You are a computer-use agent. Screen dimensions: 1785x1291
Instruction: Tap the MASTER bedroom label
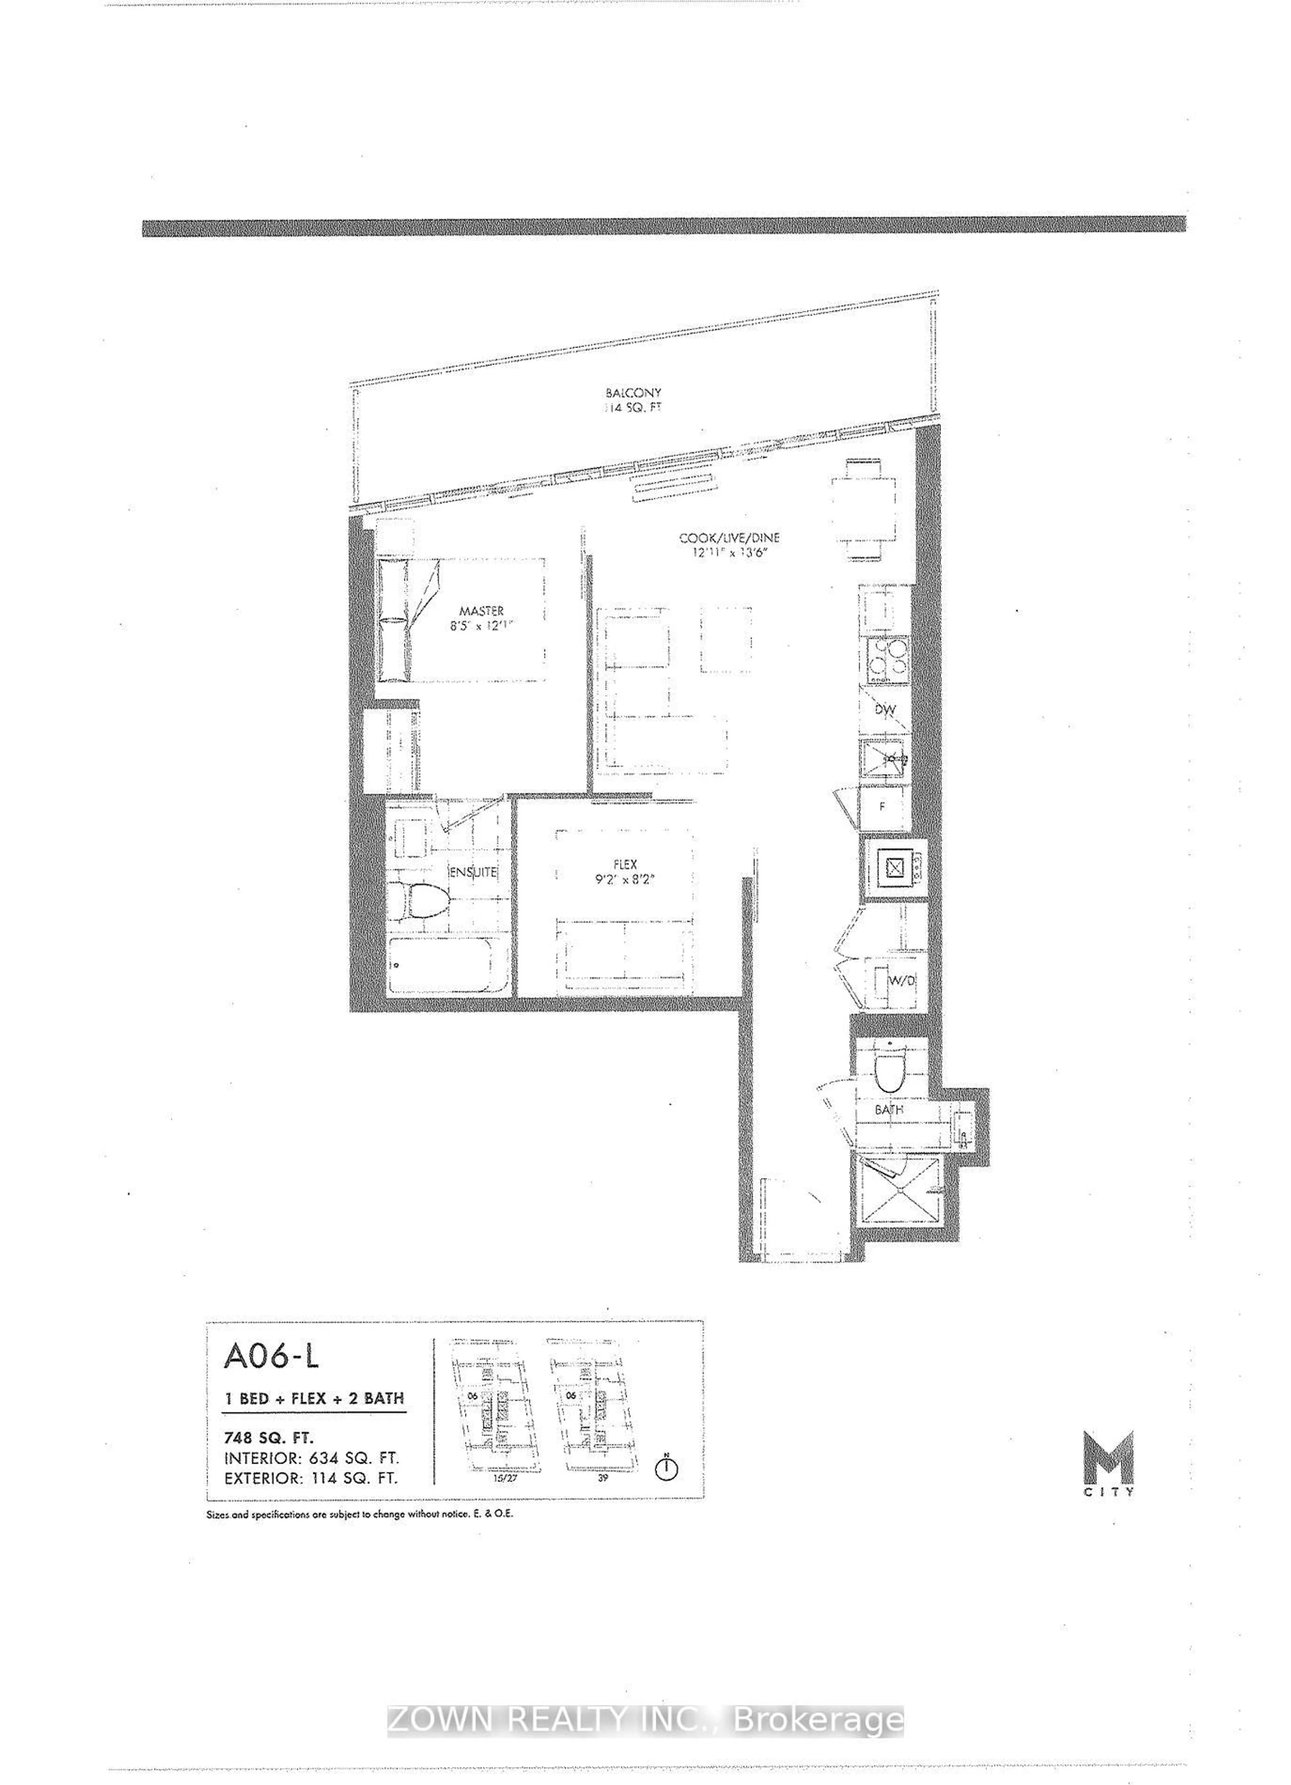click(x=482, y=611)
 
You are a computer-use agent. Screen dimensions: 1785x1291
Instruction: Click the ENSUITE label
click(x=472, y=872)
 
